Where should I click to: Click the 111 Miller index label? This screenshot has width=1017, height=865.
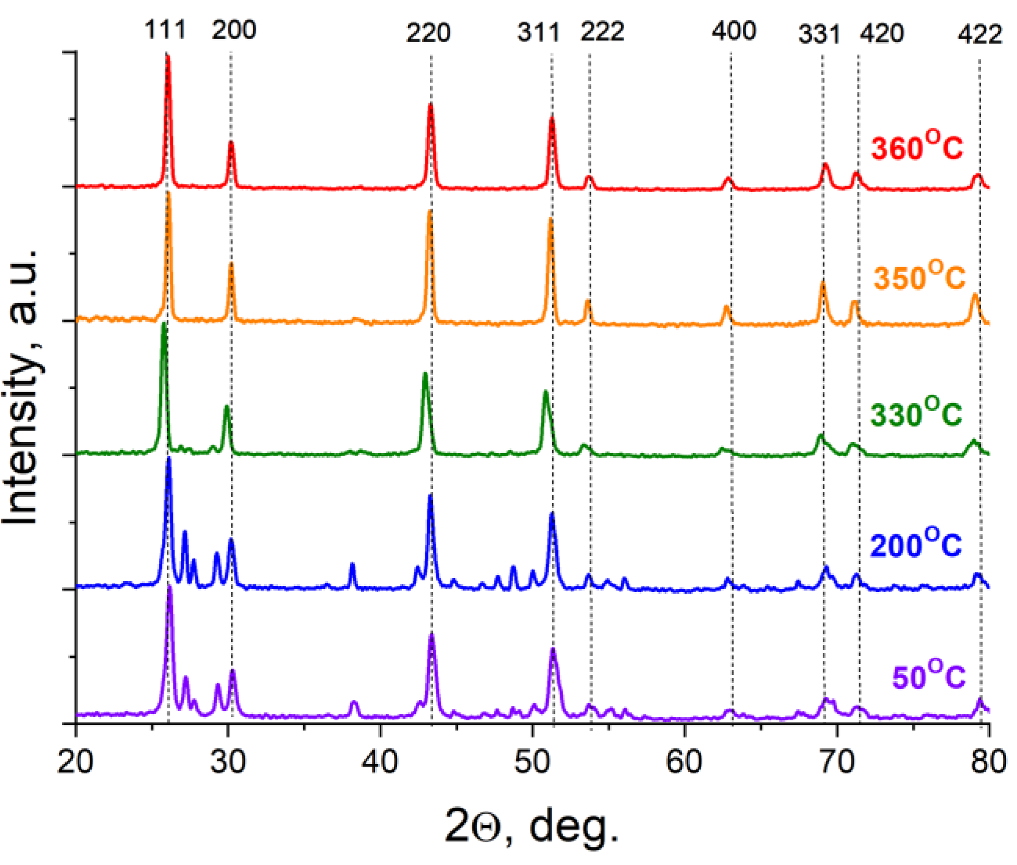coord(165,30)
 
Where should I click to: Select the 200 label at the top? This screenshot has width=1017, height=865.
coord(234,30)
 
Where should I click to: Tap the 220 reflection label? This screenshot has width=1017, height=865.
coord(428,33)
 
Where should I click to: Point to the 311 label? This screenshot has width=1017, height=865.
coord(538,33)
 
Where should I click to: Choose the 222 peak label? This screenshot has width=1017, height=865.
coord(603,32)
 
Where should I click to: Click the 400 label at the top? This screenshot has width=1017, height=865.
coord(734,31)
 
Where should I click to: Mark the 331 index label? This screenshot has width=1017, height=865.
coord(819,34)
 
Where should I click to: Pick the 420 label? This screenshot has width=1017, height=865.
coord(882,33)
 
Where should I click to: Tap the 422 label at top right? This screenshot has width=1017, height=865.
coord(979,34)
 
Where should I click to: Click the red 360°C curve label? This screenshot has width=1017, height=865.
coord(917,147)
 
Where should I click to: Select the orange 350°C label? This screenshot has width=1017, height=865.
coord(919,277)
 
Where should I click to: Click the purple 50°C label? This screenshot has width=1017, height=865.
coord(928,676)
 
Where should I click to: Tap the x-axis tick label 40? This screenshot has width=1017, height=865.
coord(380,762)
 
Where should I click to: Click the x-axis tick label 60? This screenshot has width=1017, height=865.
coord(684,762)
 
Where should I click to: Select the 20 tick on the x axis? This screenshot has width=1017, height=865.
coord(76,762)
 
